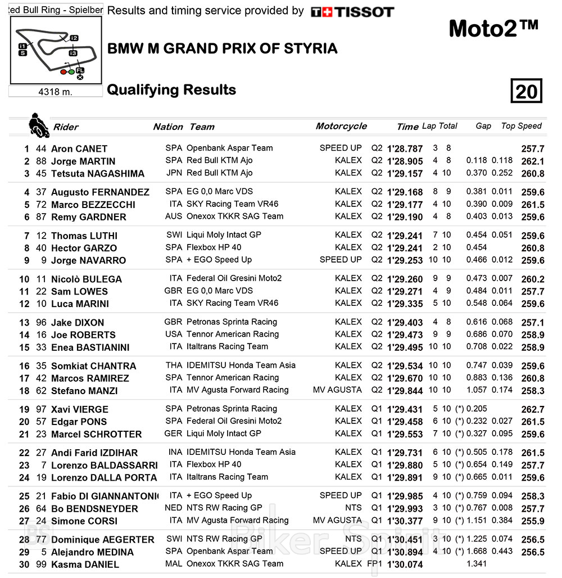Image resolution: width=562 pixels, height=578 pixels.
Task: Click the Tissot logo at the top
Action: (x=352, y=12)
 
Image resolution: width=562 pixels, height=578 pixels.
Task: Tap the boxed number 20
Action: (x=526, y=91)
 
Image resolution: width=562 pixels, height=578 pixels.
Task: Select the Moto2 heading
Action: (x=493, y=29)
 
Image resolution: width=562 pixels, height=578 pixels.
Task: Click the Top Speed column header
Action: (x=521, y=126)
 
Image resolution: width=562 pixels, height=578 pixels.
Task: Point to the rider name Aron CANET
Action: (x=79, y=149)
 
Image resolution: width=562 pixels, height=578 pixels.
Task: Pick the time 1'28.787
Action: (x=405, y=149)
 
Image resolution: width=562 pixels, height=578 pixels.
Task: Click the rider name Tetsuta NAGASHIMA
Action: (x=98, y=174)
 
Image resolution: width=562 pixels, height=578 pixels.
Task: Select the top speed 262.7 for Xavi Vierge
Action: (x=533, y=409)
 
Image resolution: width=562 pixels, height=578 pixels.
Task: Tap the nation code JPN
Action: (x=174, y=173)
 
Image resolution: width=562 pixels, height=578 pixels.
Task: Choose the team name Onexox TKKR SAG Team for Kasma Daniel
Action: (x=235, y=564)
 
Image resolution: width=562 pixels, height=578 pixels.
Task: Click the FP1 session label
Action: (x=375, y=564)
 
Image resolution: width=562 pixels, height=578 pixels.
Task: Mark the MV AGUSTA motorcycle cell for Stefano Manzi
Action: (x=337, y=390)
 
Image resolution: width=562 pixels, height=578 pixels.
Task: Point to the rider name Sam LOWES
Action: (x=79, y=291)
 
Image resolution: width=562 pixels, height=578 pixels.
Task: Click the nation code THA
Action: (x=174, y=365)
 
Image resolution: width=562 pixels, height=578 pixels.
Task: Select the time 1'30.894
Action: (x=405, y=552)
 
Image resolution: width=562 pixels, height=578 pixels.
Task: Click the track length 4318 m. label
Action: (x=55, y=92)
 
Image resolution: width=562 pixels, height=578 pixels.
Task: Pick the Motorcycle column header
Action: (x=341, y=126)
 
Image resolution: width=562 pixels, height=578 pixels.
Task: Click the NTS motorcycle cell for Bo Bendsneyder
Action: (x=353, y=508)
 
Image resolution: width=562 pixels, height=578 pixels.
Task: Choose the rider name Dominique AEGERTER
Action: (x=103, y=540)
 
